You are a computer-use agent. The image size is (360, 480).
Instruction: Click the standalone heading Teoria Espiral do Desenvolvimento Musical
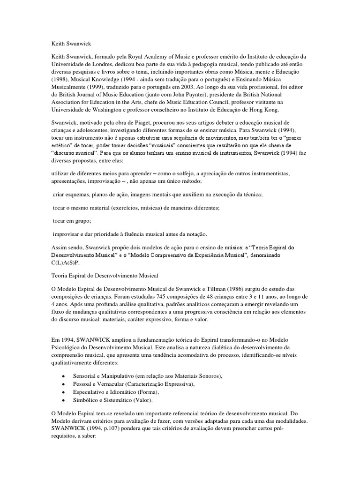(x=105, y=276)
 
